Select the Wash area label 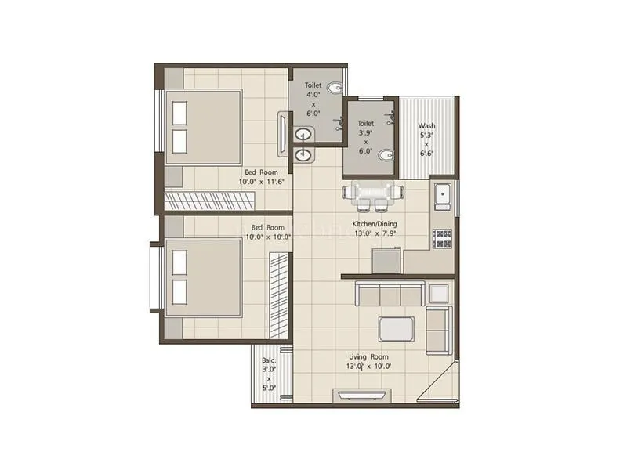(426, 125)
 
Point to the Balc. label (269, 361)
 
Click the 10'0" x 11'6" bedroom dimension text (261, 181)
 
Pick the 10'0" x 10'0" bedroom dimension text (266, 237)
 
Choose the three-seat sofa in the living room (389, 295)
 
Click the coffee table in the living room (396, 327)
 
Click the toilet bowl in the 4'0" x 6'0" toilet (335, 87)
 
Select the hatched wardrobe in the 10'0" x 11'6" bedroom (227, 201)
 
